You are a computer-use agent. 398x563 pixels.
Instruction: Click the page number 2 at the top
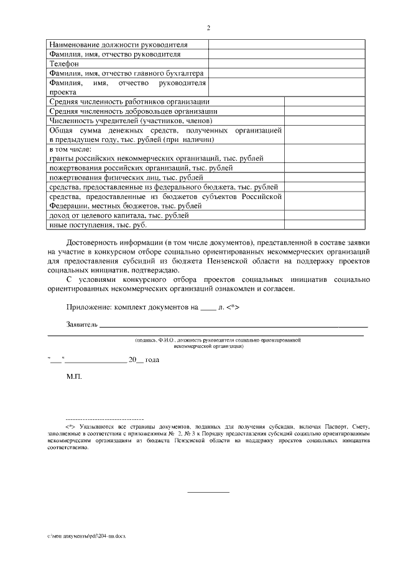tap(208, 28)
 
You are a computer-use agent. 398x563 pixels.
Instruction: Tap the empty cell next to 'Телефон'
tap(286, 63)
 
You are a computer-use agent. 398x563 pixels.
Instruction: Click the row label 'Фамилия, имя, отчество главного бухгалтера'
tap(126, 73)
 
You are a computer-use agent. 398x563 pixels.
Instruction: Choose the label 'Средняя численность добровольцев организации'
tap(132, 111)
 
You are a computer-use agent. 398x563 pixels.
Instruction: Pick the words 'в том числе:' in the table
tap(70, 150)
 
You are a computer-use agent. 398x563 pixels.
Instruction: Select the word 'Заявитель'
tap(82, 325)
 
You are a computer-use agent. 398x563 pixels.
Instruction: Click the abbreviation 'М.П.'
tap(73, 377)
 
